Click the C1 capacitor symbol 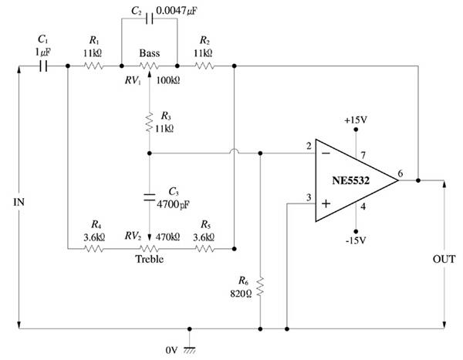[x=43, y=66]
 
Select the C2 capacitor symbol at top [x=150, y=19]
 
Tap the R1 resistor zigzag [x=93, y=66]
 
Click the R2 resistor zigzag [x=204, y=66]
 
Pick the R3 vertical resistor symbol [x=150, y=122]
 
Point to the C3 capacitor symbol [x=150, y=197]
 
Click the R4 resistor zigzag [x=93, y=249]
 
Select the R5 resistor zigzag [x=204, y=249]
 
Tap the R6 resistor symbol [x=260, y=287]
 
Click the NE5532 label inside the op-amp [x=351, y=180]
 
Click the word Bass [x=150, y=53]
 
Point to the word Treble [x=150, y=259]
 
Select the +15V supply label [x=356, y=120]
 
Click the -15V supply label [x=356, y=241]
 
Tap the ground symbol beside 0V [x=190, y=350]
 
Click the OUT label [x=444, y=259]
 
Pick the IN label [x=19, y=202]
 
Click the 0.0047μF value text [x=177, y=11]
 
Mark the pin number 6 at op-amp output [x=400, y=173]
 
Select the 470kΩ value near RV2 [x=167, y=237]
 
